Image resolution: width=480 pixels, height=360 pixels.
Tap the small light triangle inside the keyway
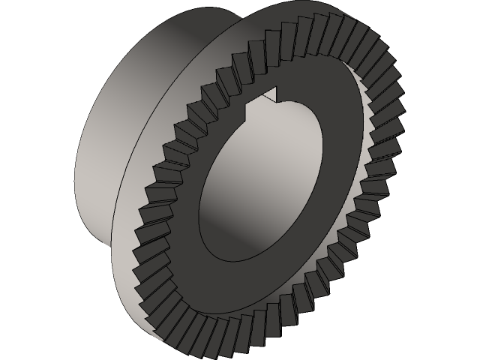pyautogui.click(x=271, y=95)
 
